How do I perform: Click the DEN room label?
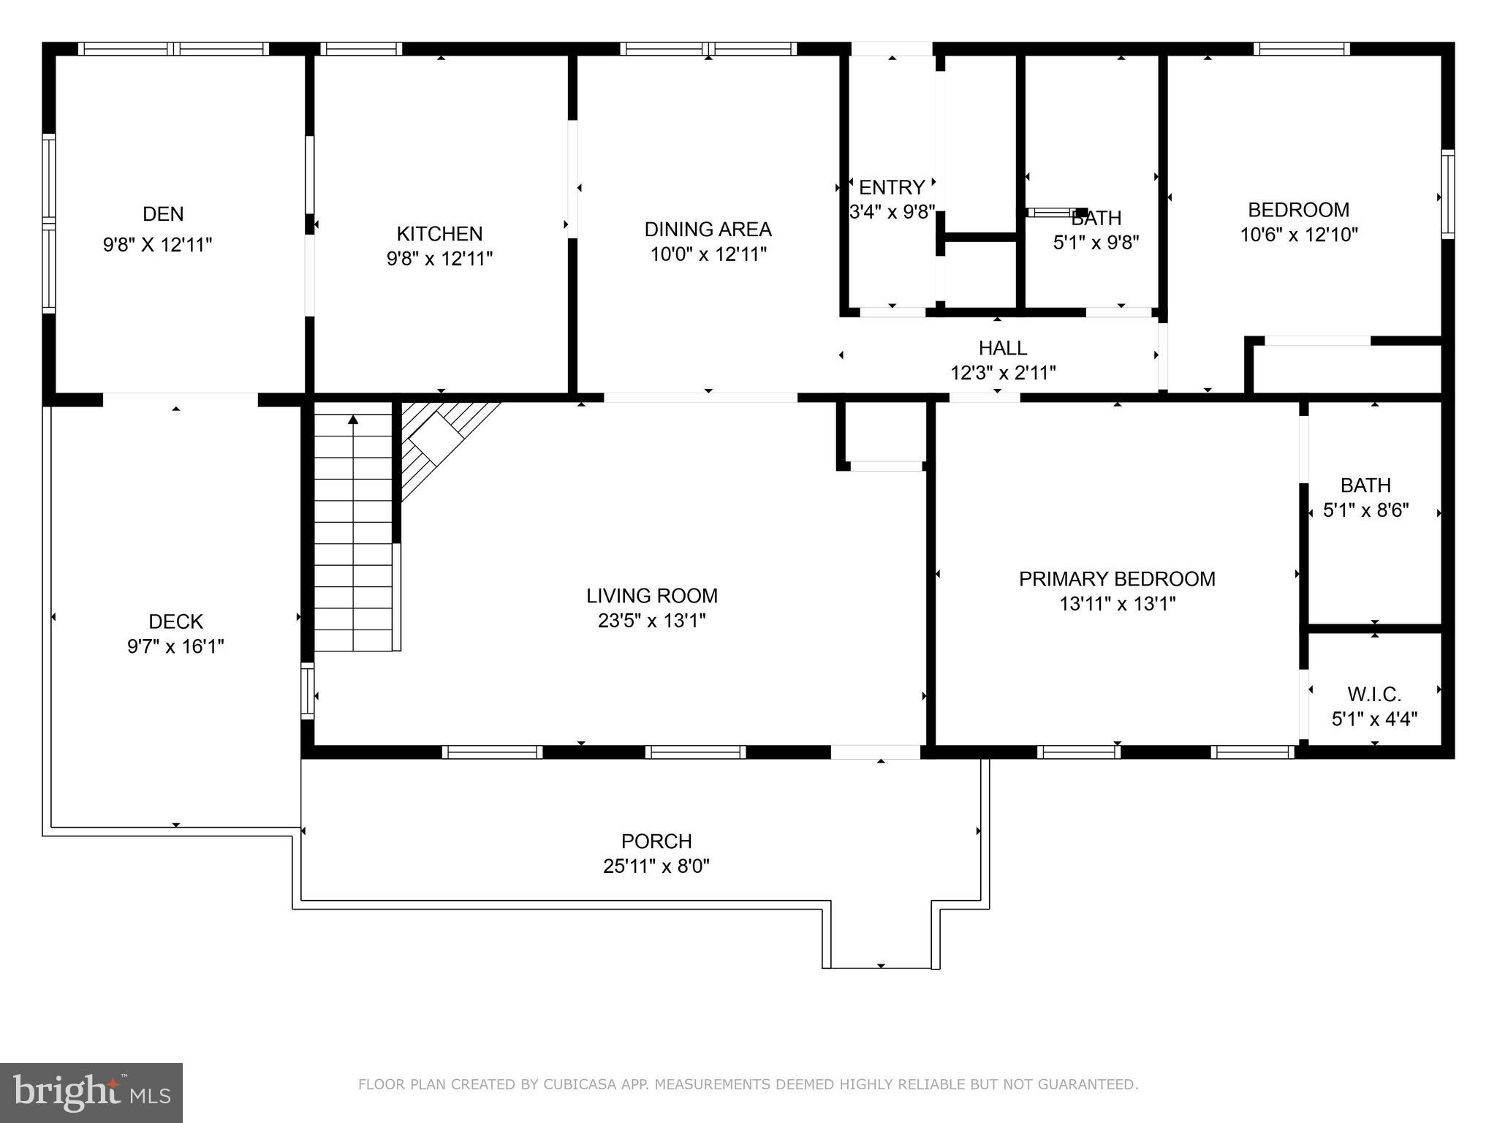coord(163,214)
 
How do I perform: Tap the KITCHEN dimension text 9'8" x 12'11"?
coord(439,259)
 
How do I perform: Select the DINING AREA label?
coord(708,230)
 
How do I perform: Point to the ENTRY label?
coord(891,188)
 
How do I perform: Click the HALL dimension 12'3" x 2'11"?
coord(1003,373)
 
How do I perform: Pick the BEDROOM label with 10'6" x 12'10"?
coord(1298,211)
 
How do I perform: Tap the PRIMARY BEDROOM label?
coord(1117,579)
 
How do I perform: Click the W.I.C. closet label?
coord(1374,694)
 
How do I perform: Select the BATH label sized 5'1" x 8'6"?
coord(1365,485)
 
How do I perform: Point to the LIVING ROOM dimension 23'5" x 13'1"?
coord(651,621)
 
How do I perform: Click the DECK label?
coord(175,621)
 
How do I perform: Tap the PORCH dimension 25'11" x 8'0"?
coord(656,866)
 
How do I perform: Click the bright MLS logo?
coord(91,1092)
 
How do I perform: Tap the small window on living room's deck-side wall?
coord(308,691)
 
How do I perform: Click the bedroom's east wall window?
coord(1447,194)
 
